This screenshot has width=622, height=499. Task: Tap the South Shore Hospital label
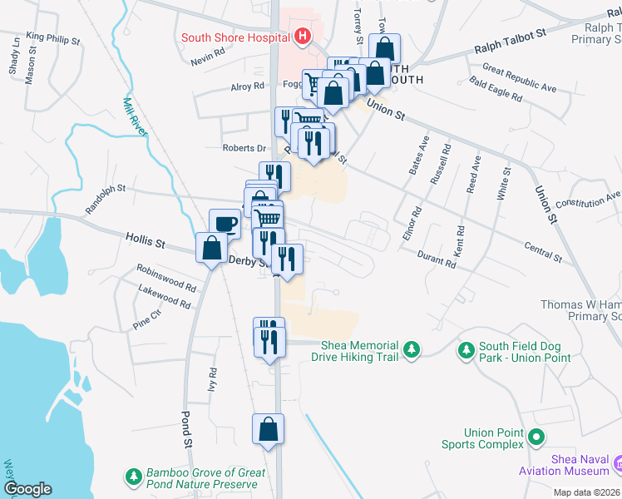coord(234,37)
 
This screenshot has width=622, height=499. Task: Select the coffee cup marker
coord(225,224)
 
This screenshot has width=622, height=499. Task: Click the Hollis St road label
coord(145,242)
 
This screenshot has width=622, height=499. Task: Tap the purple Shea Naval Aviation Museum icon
coord(616,462)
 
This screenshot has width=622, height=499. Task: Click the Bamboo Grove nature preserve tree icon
coord(133,477)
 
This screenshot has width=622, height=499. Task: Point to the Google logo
coord(27,489)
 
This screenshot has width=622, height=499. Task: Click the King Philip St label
coord(52,38)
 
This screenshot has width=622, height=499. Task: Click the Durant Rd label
coord(437,259)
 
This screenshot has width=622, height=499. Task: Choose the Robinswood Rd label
coord(167,279)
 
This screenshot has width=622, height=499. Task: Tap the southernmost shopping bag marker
coord(269,430)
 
